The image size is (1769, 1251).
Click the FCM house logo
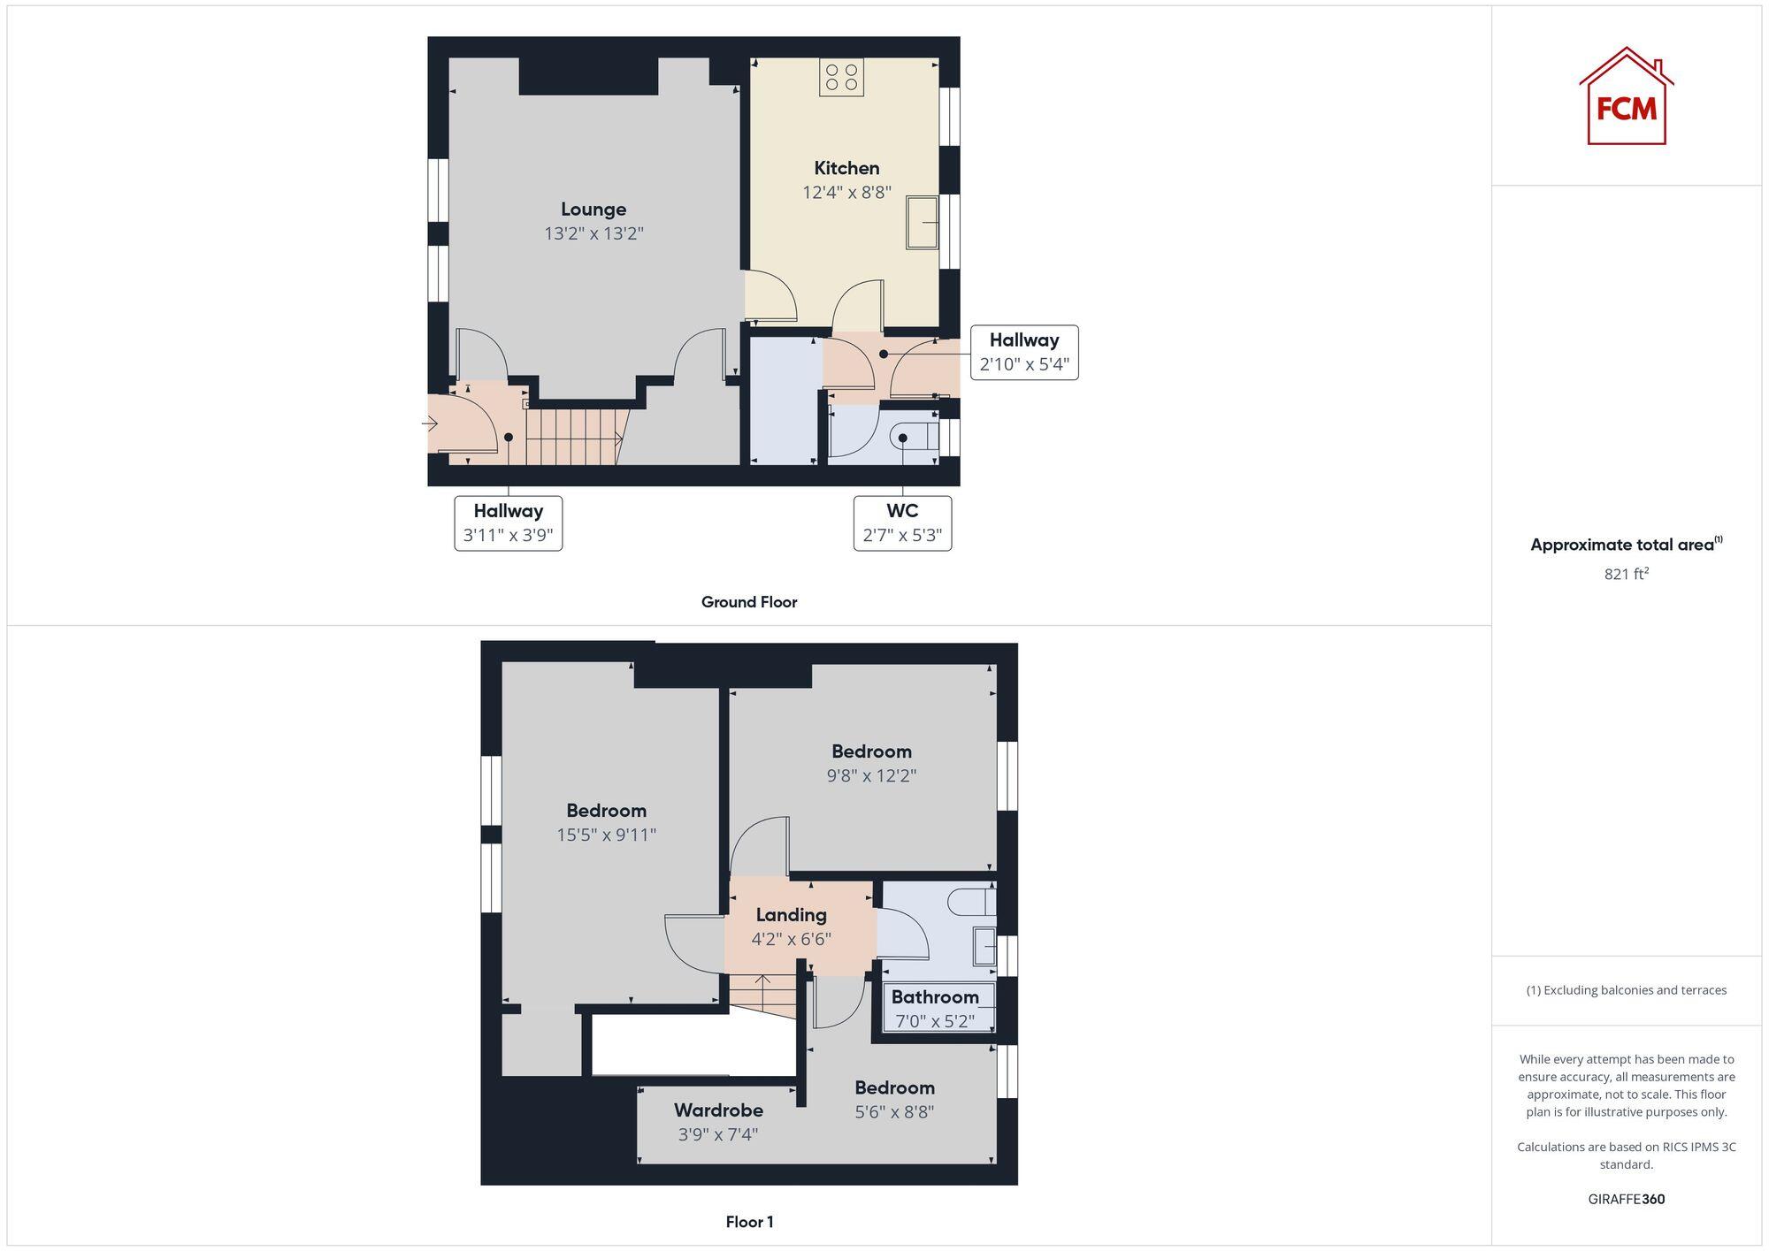[x=1626, y=96]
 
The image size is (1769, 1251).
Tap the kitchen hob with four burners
[x=841, y=77]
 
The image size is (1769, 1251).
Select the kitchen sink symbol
[x=922, y=222]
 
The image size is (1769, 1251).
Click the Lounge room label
[x=593, y=210]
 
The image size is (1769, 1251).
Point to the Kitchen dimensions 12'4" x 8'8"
[x=846, y=193]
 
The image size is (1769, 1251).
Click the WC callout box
[x=902, y=523]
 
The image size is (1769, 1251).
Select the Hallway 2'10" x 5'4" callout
[x=1024, y=352]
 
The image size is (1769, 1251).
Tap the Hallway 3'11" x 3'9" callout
[x=508, y=523]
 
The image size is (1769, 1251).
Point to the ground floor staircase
[x=572, y=435]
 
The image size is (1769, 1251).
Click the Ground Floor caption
[x=749, y=602]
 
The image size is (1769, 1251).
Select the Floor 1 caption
[x=749, y=1222]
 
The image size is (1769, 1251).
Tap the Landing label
[x=791, y=915]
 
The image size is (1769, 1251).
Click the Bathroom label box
[x=935, y=1008]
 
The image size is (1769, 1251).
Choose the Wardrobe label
[x=718, y=1110]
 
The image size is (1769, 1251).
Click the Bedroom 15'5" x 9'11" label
[x=606, y=822]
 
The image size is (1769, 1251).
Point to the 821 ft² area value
[x=1626, y=574]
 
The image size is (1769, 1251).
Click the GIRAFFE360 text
[x=1626, y=1200]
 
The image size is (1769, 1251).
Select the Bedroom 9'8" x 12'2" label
[x=871, y=763]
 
